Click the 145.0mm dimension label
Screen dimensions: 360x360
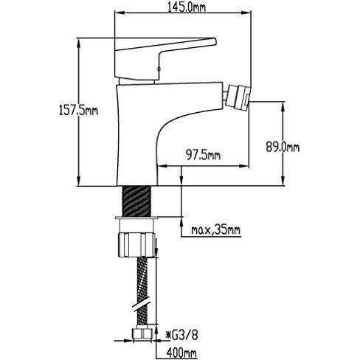click(186, 7)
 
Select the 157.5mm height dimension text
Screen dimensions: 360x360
click(78, 110)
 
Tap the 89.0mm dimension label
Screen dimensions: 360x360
click(283, 148)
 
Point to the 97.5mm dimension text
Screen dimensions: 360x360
click(203, 155)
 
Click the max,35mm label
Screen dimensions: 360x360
click(215, 230)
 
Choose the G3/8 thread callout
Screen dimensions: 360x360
click(182, 335)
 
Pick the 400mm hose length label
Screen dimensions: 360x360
click(181, 353)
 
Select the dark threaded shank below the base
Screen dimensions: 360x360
click(136, 201)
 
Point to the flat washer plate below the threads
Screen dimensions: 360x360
click(136, 218)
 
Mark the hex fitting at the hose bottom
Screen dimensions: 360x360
click(142, 335)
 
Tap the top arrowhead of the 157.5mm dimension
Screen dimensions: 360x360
click(78, 44)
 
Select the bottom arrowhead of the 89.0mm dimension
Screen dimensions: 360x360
click(283, 180)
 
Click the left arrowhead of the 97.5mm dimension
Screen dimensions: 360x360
click(162, 166)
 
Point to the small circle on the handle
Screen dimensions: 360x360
click(159, 69)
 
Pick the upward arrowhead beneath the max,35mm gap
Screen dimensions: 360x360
click(181, 223)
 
